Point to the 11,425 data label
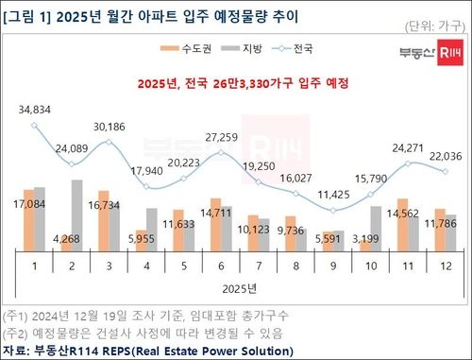[x=358, y=194]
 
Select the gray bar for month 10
[x=403, y=228]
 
